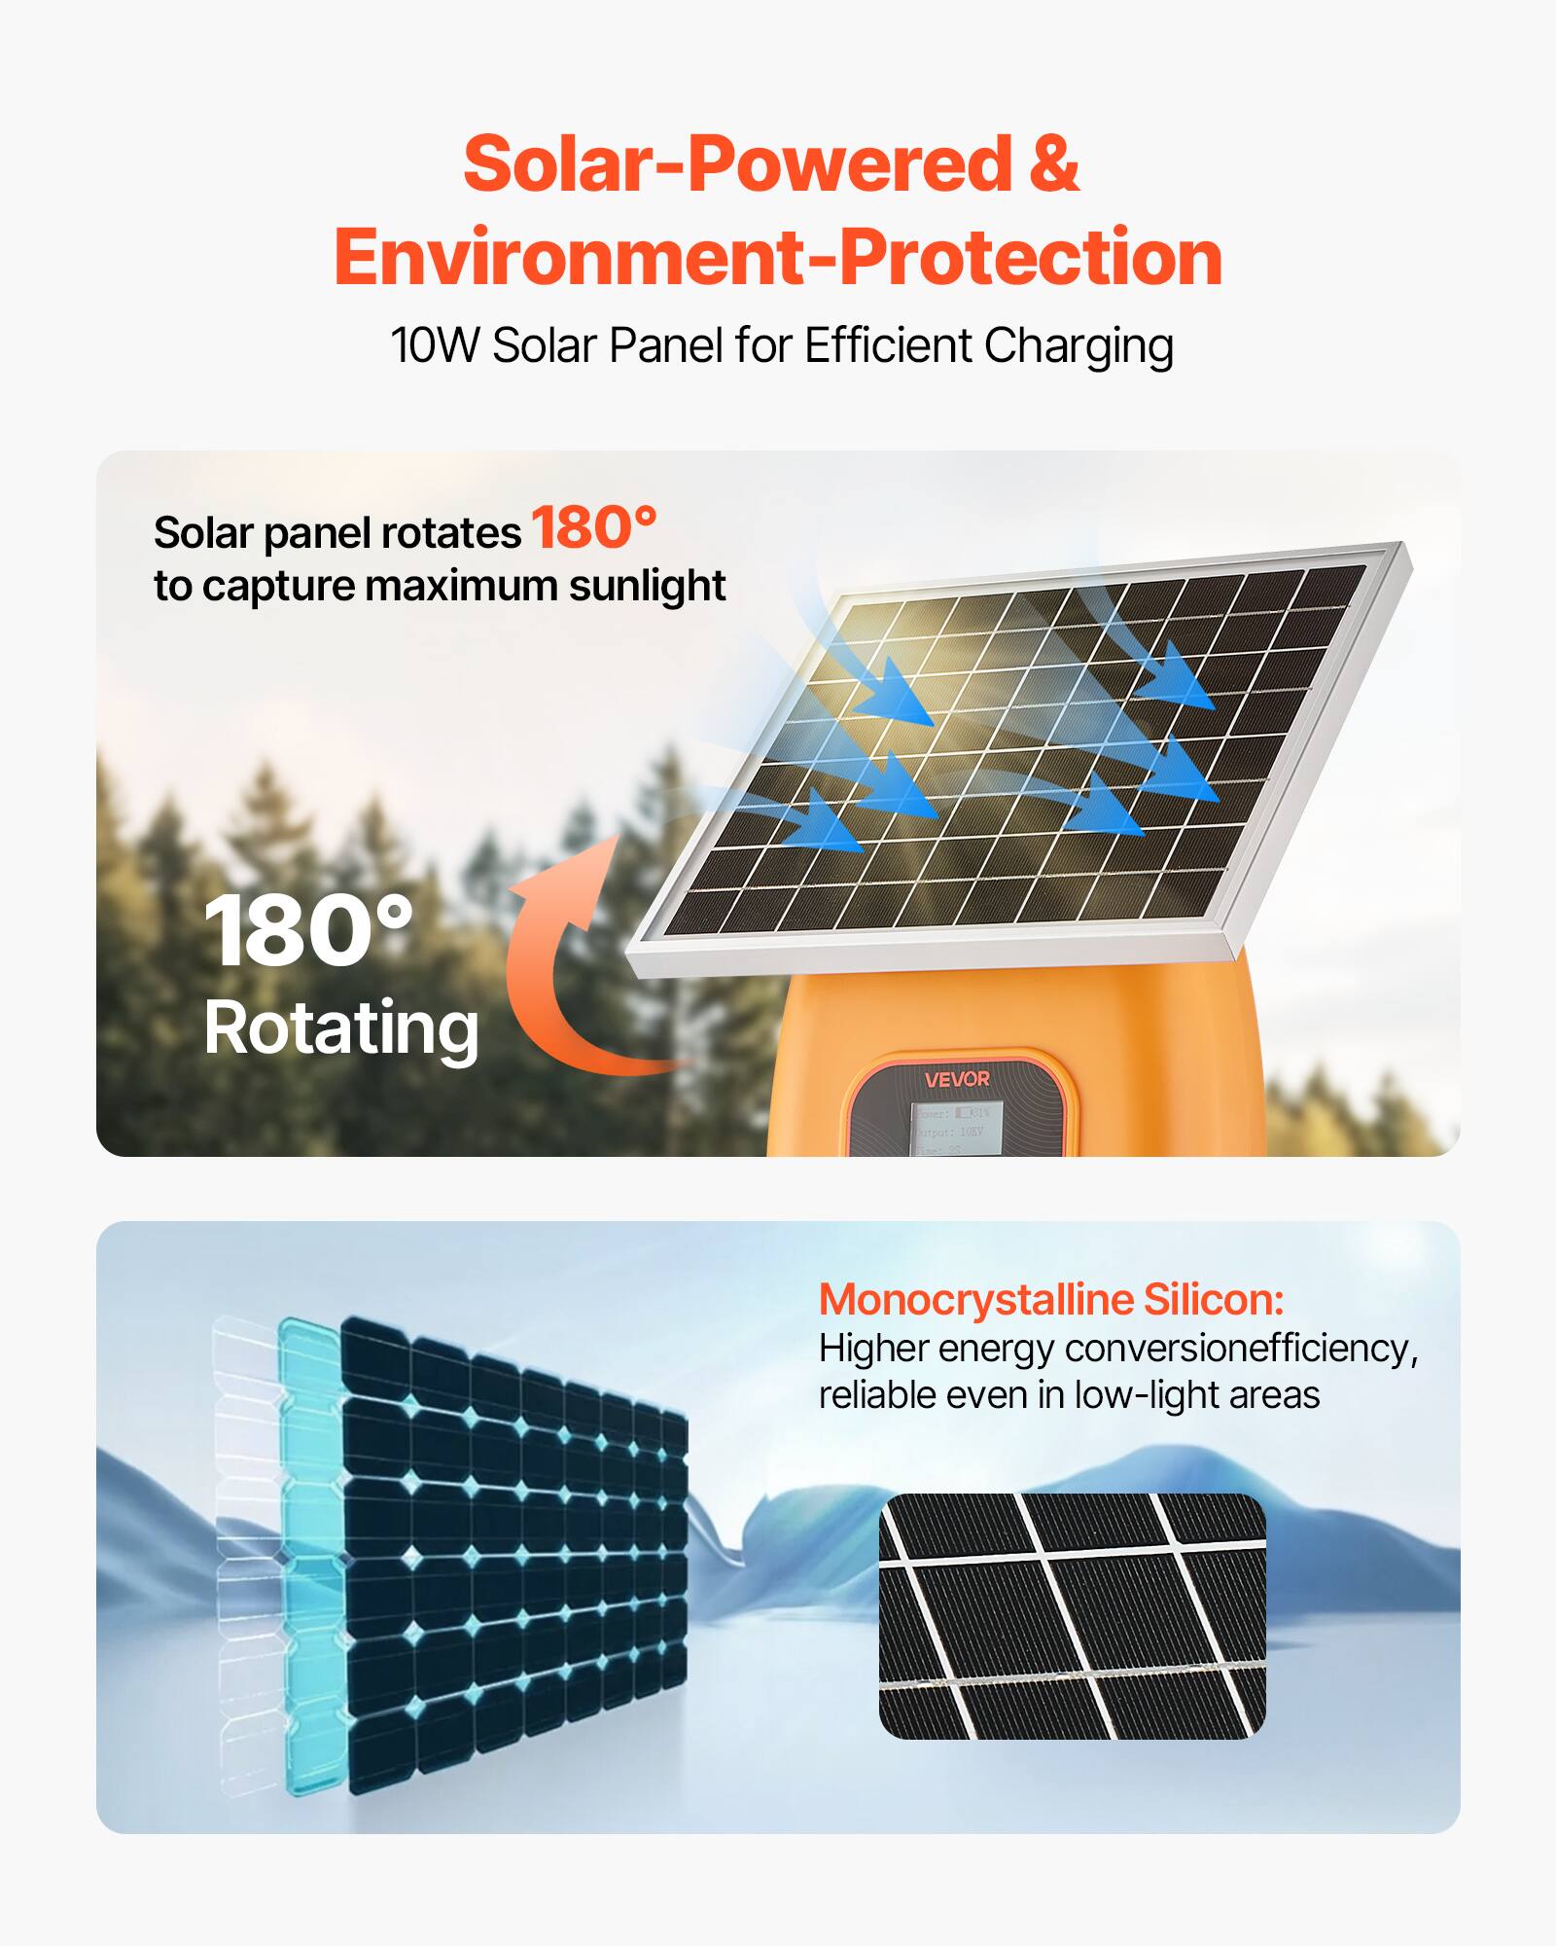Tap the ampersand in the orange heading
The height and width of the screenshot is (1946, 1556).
coord(1053,163)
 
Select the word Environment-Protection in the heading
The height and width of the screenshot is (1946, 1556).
coord(778,257)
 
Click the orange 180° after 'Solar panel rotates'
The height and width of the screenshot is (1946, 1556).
coord(593,528)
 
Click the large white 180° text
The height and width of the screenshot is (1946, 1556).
coord(308,932)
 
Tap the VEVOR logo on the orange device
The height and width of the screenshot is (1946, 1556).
coord(957,1079)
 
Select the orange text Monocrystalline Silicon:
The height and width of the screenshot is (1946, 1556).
coord(1051,1300)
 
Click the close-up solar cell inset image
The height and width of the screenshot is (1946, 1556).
coord(1072,1616)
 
